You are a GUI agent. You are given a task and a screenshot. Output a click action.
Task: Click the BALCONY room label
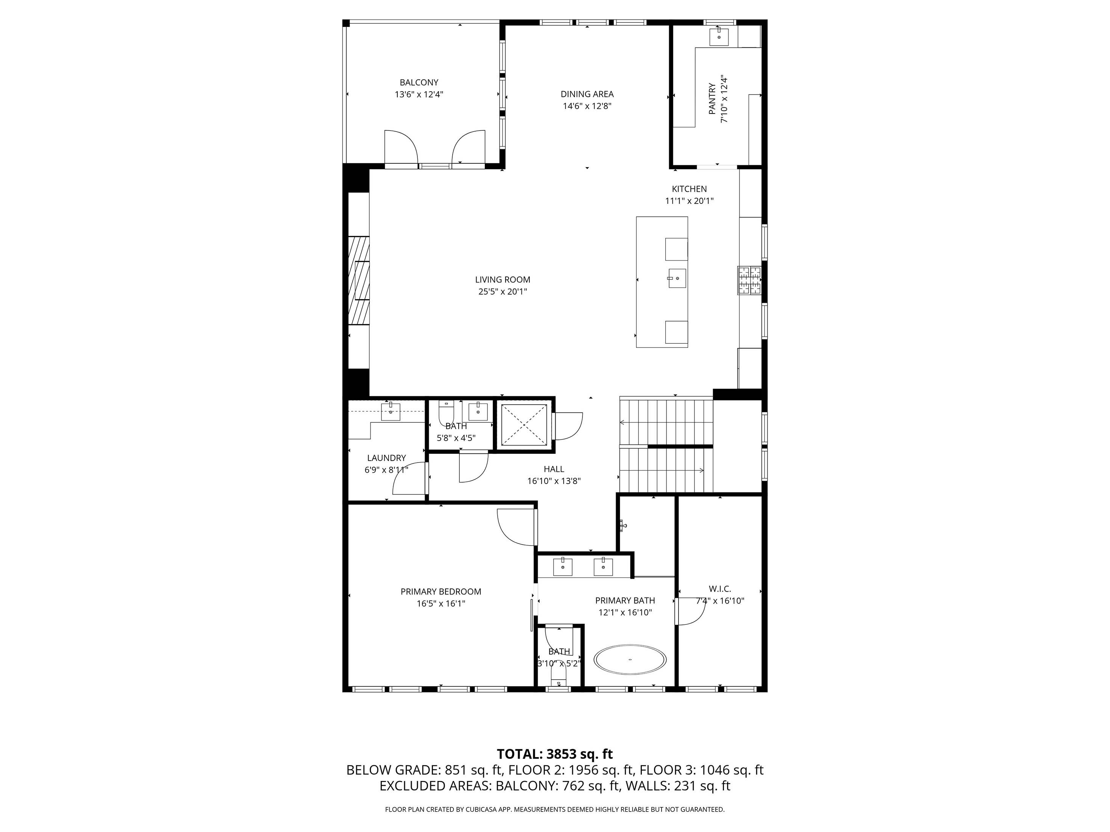[419, 82]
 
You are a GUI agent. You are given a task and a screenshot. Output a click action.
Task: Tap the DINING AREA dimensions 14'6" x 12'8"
[587, 106]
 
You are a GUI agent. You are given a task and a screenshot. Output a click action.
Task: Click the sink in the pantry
[719, 37]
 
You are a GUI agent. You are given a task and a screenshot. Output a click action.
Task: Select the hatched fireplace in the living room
[359, 281]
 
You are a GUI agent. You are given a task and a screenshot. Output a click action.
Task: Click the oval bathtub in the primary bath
[630, 659]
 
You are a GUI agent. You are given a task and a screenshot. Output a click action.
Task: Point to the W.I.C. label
[719, 589]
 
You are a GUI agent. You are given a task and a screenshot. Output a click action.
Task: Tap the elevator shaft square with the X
[524, 424]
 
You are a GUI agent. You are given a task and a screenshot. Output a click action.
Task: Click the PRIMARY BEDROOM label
[441, 591]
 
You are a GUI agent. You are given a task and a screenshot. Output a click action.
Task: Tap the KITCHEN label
[689, 189]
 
